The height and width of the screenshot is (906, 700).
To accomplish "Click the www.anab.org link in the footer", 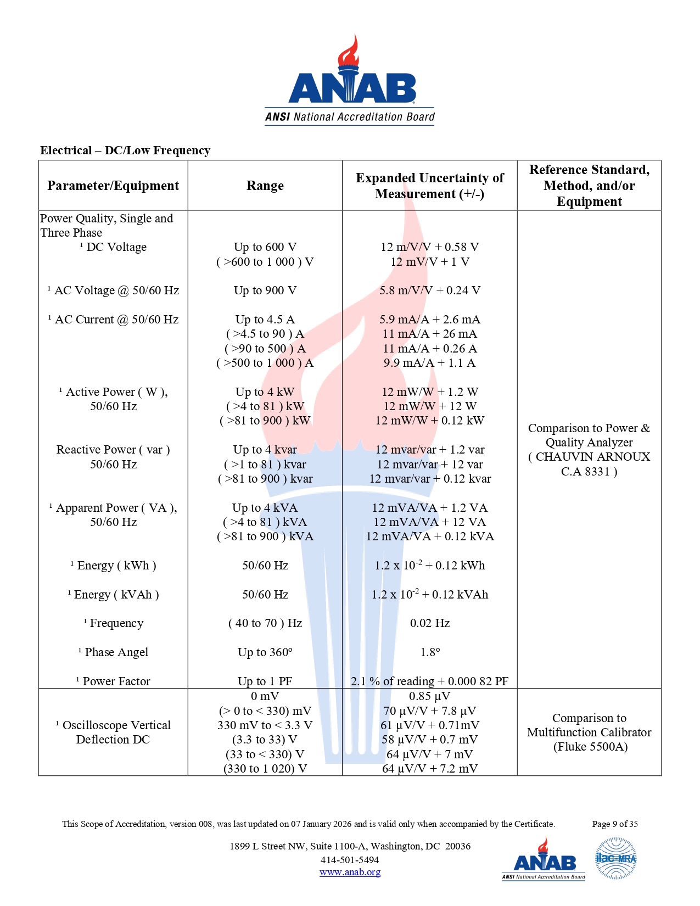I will (350, 872).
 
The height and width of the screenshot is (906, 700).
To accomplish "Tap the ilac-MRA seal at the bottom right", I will (615, 858).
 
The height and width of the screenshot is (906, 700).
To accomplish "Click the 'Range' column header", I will (265, 186).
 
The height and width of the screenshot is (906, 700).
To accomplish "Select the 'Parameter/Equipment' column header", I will (113, 186).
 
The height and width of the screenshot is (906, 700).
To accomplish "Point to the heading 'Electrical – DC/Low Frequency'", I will (125, 150).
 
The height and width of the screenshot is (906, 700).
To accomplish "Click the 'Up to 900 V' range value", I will (265, 290).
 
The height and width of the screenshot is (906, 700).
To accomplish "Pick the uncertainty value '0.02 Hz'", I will (429, 623).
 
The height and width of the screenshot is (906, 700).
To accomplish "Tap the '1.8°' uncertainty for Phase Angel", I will (429, 652).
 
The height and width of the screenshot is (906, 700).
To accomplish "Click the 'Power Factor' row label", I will (116, 681).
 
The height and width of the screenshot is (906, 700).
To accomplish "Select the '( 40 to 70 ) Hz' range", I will (265, 623).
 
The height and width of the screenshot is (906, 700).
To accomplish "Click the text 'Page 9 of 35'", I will (614, 824).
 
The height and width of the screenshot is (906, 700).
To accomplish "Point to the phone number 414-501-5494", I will (350, 860).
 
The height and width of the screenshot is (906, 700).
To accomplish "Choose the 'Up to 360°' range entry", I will (265, 652).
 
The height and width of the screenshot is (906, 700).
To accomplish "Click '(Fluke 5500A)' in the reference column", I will (590, 747).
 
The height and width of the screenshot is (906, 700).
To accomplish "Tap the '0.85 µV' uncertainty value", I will (429, 696).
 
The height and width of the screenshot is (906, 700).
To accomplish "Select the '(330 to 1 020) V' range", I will (265, 769).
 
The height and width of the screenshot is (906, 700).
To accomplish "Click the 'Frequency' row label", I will (116, 623).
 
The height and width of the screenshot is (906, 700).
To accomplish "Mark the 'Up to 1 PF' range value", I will (265, 681).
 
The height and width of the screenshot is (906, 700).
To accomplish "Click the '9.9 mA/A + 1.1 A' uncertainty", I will (429, 363).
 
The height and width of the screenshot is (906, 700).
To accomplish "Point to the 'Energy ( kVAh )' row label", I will (116, 595).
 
